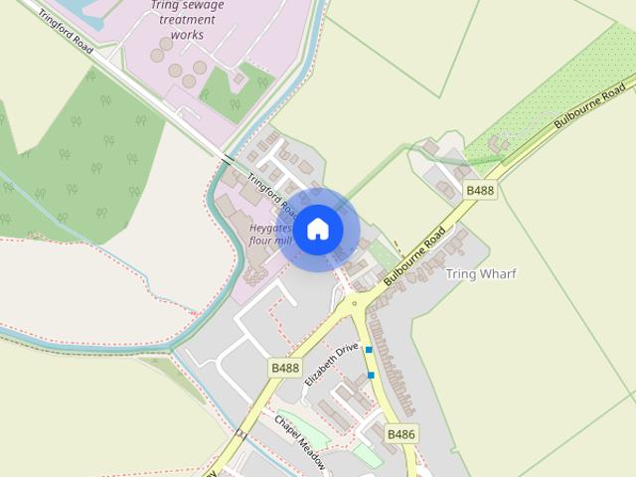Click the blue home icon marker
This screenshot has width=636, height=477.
(318, 230)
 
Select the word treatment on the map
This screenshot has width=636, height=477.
(187, 20)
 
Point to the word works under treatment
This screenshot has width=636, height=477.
(187, 35)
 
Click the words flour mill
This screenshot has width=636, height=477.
(269, 241)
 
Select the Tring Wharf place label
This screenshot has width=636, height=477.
(481, 273)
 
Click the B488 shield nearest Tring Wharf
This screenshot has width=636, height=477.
(480, 191)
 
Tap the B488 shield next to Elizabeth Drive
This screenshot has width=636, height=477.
(284, 368)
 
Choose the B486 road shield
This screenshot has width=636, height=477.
(400, 434)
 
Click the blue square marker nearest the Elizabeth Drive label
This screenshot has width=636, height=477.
(369, 350)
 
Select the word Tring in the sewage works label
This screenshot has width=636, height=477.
(165, 5)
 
